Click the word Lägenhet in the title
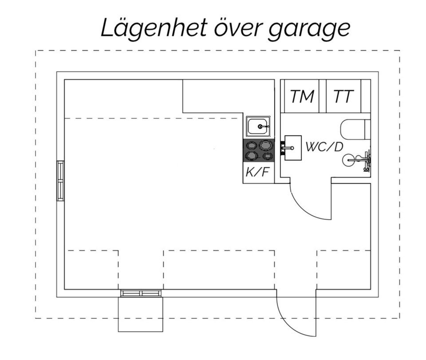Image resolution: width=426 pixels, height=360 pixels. pyautogui.click(x=154, y=28)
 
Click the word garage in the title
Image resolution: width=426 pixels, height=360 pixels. pyautogui.click(x=309, y=30)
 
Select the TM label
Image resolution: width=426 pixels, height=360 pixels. pyautogui.click(x=302, y=96)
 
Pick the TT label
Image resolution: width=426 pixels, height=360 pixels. pyautogui.click(x=343, y=96)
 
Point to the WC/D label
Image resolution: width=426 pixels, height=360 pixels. pyautogui.click(x=324, y=147)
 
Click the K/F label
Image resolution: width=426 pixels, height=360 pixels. pyautogui.click(x=258, y=172)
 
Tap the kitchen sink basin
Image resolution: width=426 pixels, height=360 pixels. pyautogui.click(x=258, y=127)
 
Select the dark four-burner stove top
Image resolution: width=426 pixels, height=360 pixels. pyautogui.click(x=259, y=150)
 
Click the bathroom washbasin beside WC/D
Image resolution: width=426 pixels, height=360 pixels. pyautogui.click(x=293, y=148)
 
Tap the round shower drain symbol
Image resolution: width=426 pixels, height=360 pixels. pyautogui.click(x=349, y=160)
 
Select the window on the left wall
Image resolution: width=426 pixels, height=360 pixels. pyautogui.click(x=60, y=181)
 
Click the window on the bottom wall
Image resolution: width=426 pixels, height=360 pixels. pyautogui.click(x=141, y=293)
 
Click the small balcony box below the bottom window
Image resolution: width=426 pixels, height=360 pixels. pyautogui.click(x=141, y=314)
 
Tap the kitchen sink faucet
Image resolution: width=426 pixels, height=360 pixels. pyautogui.click(x=263, y=127)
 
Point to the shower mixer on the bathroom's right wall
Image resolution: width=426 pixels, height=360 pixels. pyautogui.click(x=367, y=161)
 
